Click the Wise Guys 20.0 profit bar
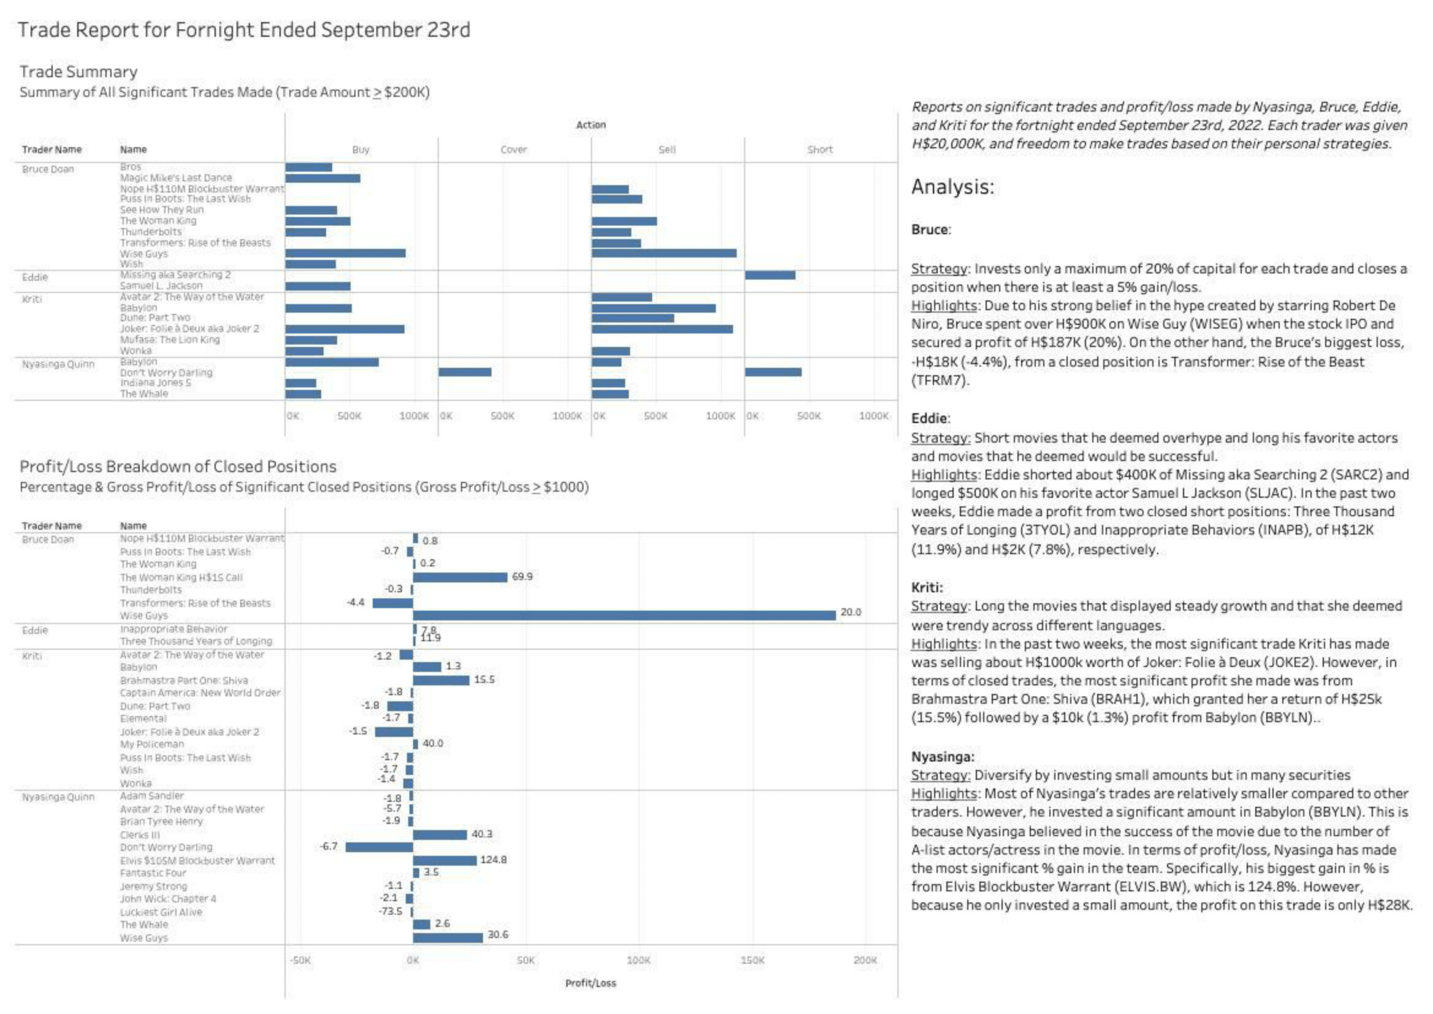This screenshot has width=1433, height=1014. coord(624,615)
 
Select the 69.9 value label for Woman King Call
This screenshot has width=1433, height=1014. coord(522,576)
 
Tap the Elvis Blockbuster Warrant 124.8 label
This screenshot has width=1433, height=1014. coord(493,860)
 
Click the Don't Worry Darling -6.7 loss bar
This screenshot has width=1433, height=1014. coord(379,847)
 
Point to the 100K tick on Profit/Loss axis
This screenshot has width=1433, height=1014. coord(638,960)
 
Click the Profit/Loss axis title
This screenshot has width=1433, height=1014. coord(590,983)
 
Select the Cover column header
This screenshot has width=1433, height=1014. coord(514,150)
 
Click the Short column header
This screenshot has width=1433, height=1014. coord(819,150)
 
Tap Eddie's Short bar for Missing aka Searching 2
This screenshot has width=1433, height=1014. coord(770,275)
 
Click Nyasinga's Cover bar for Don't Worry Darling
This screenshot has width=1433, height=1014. coord(465,372)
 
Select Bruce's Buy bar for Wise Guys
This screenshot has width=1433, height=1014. coord(345,254)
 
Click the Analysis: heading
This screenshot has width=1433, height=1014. coord(952,187)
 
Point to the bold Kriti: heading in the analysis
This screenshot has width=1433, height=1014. coord(927,587)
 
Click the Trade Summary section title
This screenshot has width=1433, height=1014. coord(78,72)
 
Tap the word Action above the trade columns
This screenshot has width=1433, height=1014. coord(590,125)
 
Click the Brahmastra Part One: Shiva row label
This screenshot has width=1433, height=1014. coord(183,680)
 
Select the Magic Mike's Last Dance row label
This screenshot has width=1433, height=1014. coord(175,178)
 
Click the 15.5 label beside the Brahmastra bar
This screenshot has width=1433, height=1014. coord(484,679)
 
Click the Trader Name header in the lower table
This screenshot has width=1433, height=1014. coord(52,526)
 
